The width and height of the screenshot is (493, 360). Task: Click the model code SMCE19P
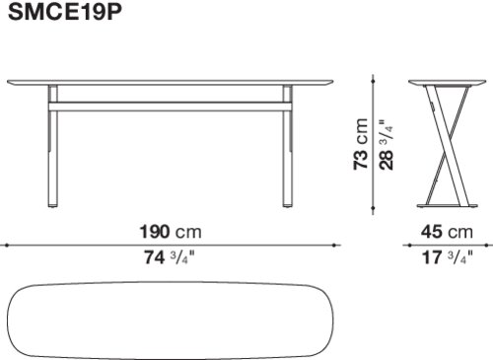(65, 12)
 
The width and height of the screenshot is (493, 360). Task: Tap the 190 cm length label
(171, 232)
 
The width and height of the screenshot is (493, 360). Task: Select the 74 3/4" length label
(170, 257)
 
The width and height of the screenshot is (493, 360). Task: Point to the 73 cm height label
(361, 144)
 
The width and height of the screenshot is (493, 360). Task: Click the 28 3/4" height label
(387, 145)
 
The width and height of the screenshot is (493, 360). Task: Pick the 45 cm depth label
(447, 232)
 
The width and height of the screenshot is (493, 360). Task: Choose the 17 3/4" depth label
(448, 257)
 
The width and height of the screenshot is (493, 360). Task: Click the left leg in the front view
(53, 146)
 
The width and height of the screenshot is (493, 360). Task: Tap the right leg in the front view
(288, 146)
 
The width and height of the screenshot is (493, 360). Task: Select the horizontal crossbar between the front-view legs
(171, 107)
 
